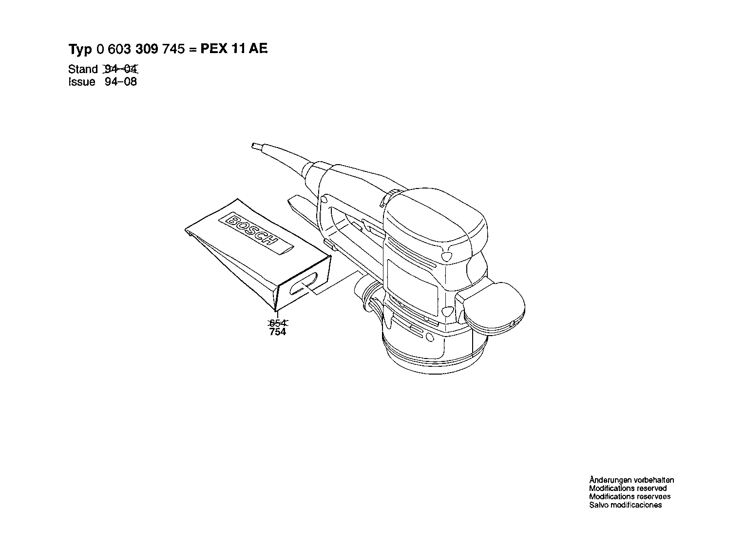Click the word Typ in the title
click(80, 49)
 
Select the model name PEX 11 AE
click(234, 49)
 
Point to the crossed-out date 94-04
click(121, 69)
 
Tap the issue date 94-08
click(121, 82)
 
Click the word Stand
click(83, 69)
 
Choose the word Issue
click(81, 82)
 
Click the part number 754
click(278, 332)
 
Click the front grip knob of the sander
click(491, 308)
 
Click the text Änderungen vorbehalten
click(631, 480)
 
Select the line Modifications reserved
click(628, 488)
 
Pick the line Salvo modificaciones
click(626, 505)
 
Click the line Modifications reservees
click(630, 496)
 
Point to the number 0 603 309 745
click(141, 49)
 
